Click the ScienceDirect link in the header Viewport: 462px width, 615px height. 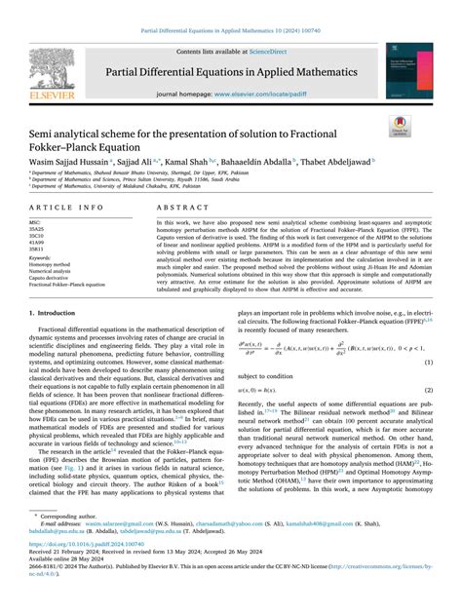[275, 51]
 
